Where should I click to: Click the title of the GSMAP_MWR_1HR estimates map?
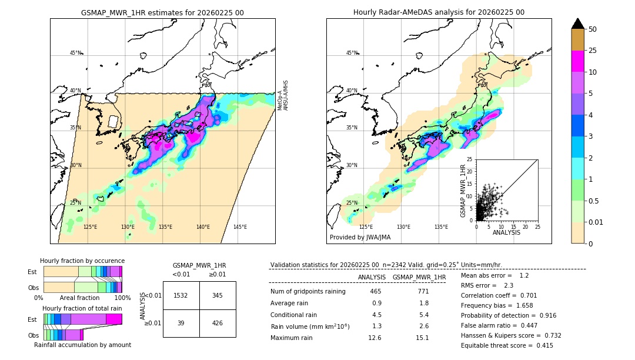(162, 12)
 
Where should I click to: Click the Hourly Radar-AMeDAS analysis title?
(439, 12)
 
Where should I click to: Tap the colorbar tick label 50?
(593, 29)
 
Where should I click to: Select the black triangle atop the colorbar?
(578, 24)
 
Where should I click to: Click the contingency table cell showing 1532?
(181, 295)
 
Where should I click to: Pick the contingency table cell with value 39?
(181, 323)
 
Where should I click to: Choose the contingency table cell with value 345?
(218, 295)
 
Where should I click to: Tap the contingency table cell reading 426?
(218, 323)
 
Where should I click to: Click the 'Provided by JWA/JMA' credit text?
(360, 237)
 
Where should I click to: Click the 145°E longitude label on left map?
(240, 227)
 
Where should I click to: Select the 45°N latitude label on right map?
(352, 53)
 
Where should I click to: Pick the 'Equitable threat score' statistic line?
(507, 345)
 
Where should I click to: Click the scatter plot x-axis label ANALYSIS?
(506, 232)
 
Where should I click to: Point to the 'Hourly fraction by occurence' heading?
(82, 261)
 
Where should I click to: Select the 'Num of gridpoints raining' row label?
(308, 291)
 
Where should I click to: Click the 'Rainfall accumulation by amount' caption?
(82, 345)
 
